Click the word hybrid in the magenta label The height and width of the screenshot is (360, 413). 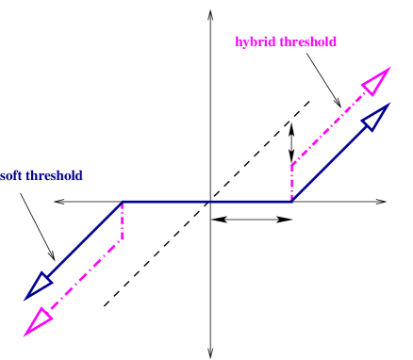click(x=256, y=42)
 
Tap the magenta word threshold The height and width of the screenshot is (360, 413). click(x=307, y=42)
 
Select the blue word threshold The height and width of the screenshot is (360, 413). click(x=54, y=176)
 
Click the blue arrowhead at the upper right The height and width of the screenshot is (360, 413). click(x=376, y=117)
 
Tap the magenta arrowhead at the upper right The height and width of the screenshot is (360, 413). click(x=376, y=81)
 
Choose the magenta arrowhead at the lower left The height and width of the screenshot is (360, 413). click(x=38, y=321)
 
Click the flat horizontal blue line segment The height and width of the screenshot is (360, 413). click(x=207, y=202)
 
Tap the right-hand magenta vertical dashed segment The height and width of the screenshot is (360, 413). click(x=292, y=183)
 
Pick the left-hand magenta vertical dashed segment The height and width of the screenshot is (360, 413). click(x=123, y=221)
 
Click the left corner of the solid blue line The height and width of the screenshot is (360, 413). click(x=123, y=202)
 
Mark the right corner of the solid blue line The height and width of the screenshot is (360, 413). click(x=292, y=202)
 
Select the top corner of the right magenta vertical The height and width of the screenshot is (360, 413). click(x=292, y=165)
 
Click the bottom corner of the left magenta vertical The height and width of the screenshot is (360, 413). click(x=123, y=239)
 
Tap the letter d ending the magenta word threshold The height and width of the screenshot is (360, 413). click(x=333, y=42)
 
